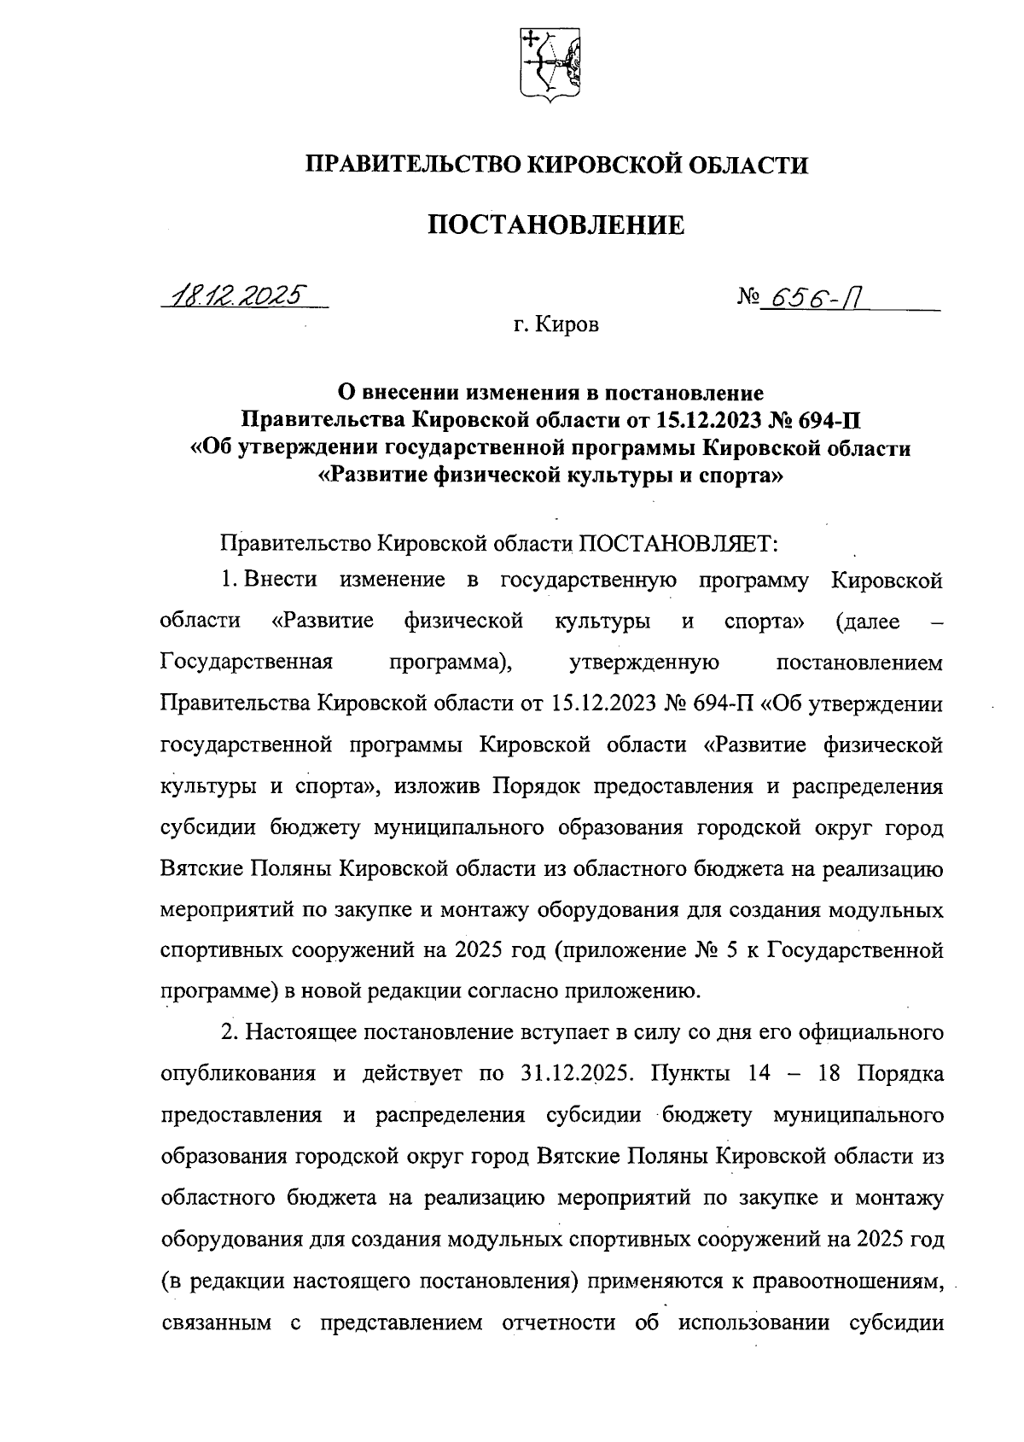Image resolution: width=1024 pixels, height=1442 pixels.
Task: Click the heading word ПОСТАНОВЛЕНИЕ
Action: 556,225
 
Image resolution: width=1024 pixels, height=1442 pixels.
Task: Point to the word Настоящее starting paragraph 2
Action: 302,1032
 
